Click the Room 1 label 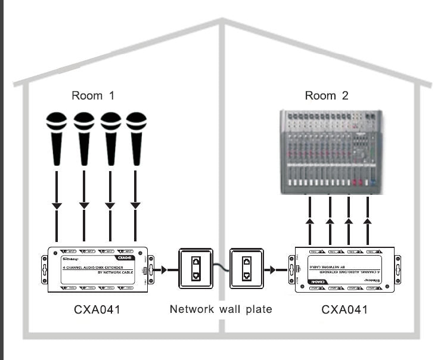(92, 95)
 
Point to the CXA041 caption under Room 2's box (344, 309)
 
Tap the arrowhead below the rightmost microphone (136, 206)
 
